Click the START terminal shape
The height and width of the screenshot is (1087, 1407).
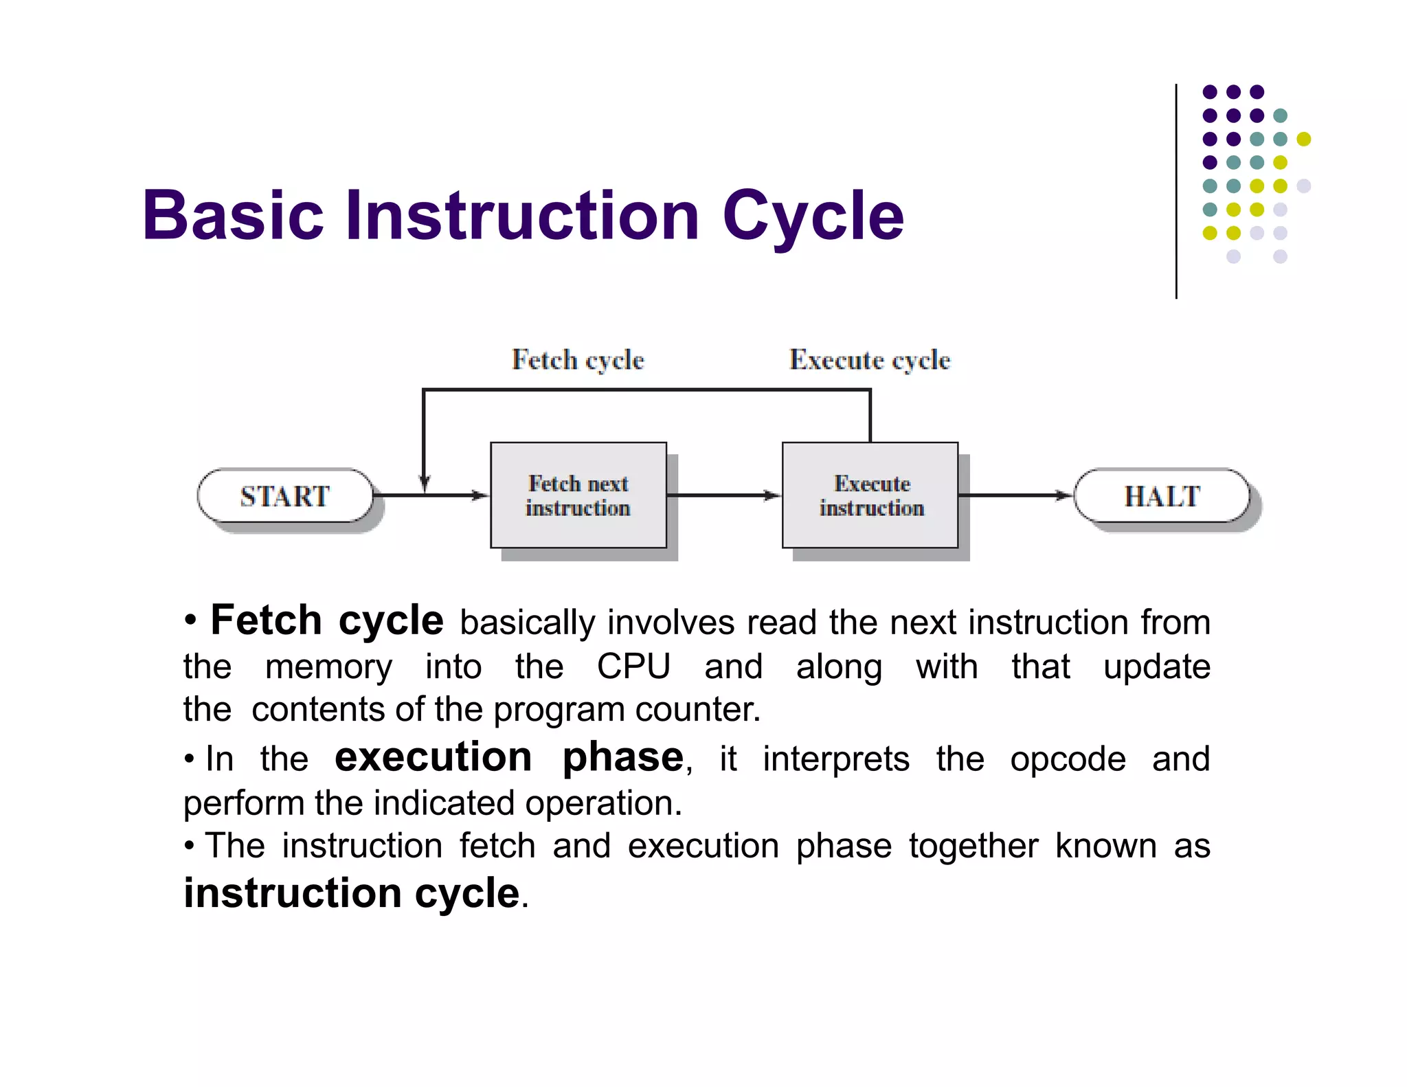click(285, 496)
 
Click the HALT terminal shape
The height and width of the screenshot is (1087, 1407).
click(1161, 496)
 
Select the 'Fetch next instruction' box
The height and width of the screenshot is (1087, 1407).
click(578, 495)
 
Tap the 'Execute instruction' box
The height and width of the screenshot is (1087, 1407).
click(870, 495)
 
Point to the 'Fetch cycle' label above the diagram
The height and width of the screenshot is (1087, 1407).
click(578, 360)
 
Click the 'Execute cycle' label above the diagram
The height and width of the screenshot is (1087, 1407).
click(869, 360)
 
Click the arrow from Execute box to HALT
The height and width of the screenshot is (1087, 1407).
click(1015, 495)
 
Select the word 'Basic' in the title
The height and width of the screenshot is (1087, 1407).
click(232, 216)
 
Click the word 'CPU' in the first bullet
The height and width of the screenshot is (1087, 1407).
click(633, 666)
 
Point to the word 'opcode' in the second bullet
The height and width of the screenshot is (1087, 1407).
click(1068, 759)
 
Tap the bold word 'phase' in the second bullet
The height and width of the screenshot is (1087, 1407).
click(622, 757)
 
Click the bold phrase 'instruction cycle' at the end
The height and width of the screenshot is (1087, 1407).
click(351, 893)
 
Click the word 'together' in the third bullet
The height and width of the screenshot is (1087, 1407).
click(973, 846)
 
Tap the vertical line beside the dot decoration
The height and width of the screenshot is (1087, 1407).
click(1176, 192)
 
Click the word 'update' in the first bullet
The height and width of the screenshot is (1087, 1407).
click(1156, 666)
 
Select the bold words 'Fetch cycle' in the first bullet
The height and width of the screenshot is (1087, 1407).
click(327, 620)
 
